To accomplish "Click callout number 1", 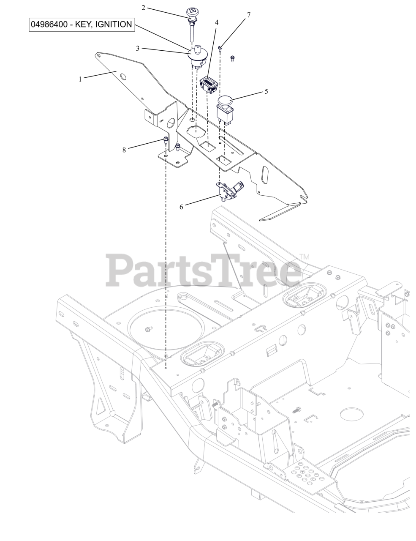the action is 80,79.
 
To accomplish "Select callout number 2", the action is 143,8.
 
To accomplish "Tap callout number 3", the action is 138,48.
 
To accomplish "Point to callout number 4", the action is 217,22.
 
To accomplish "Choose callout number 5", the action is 266,91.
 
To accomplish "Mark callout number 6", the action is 181,207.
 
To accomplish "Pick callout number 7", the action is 249,15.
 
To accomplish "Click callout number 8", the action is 124,150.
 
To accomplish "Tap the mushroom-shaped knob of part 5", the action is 226,100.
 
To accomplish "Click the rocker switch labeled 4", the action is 209,85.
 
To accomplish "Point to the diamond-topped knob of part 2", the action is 192,12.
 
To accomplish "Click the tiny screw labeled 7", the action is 220,48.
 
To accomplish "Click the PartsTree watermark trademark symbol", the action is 305,257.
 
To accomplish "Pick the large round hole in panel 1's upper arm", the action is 122,77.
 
